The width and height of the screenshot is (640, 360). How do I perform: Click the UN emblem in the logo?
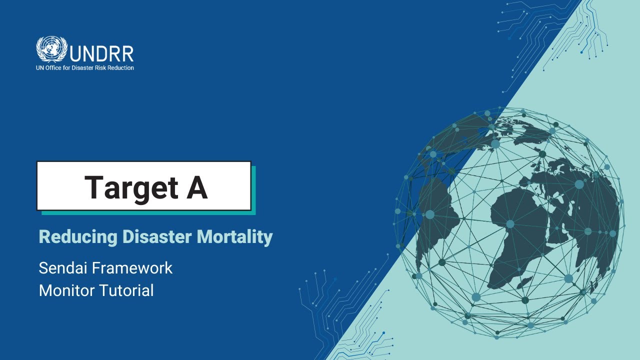click(x=51, y=49)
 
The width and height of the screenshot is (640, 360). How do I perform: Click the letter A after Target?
click(x=197, y=187)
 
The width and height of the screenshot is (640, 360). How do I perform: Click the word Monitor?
click(x=65, y=290)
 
